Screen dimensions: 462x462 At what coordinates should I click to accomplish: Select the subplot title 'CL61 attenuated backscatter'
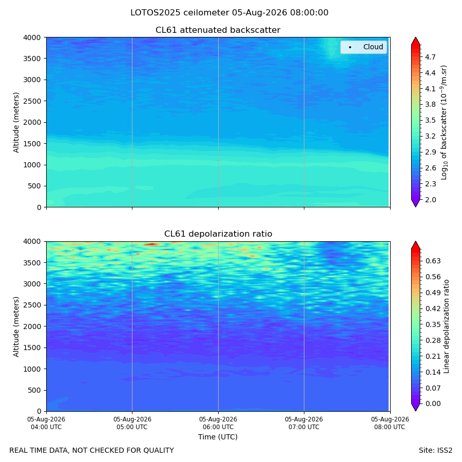[x=218, y=30]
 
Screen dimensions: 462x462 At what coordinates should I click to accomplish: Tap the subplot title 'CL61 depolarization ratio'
[x=218, y=234]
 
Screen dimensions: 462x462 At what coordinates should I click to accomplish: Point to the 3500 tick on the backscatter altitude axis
[x=32, y=59]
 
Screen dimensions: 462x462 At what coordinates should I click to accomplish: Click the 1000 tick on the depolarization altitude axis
[x=32, y=369]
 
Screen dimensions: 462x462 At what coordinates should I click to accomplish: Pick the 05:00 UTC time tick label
[x=132, y=423]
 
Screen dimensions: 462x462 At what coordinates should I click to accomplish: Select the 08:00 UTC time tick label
[x=390, y=423]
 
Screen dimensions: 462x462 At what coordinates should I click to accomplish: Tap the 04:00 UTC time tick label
[x=46, y=423]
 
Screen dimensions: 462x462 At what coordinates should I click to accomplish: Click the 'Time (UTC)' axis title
[x=218, y=437]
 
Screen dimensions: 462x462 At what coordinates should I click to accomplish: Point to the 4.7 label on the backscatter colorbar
[x=430, y=57]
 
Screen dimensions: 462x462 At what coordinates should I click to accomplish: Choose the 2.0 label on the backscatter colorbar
[x=430, y=200]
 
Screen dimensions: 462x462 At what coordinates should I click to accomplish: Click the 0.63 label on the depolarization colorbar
[x=433, y=261]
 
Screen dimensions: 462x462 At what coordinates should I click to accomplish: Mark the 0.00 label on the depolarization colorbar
[x=433, y=403]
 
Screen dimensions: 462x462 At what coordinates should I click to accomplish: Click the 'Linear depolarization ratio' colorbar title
[x=446, y=326]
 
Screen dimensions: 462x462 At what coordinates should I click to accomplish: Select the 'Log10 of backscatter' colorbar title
[x=444, y=123]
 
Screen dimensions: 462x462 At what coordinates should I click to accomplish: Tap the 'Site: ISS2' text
[x=435, y=450]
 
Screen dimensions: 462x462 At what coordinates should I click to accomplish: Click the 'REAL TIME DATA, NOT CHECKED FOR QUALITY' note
[x=92, y=450]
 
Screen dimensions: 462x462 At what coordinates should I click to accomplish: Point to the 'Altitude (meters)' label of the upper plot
[x=16, y=123]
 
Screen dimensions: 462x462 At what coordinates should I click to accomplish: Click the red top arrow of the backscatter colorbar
[x=415, y=41]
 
